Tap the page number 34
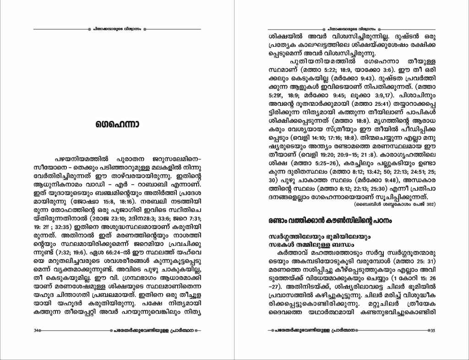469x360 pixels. coord(36,330)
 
